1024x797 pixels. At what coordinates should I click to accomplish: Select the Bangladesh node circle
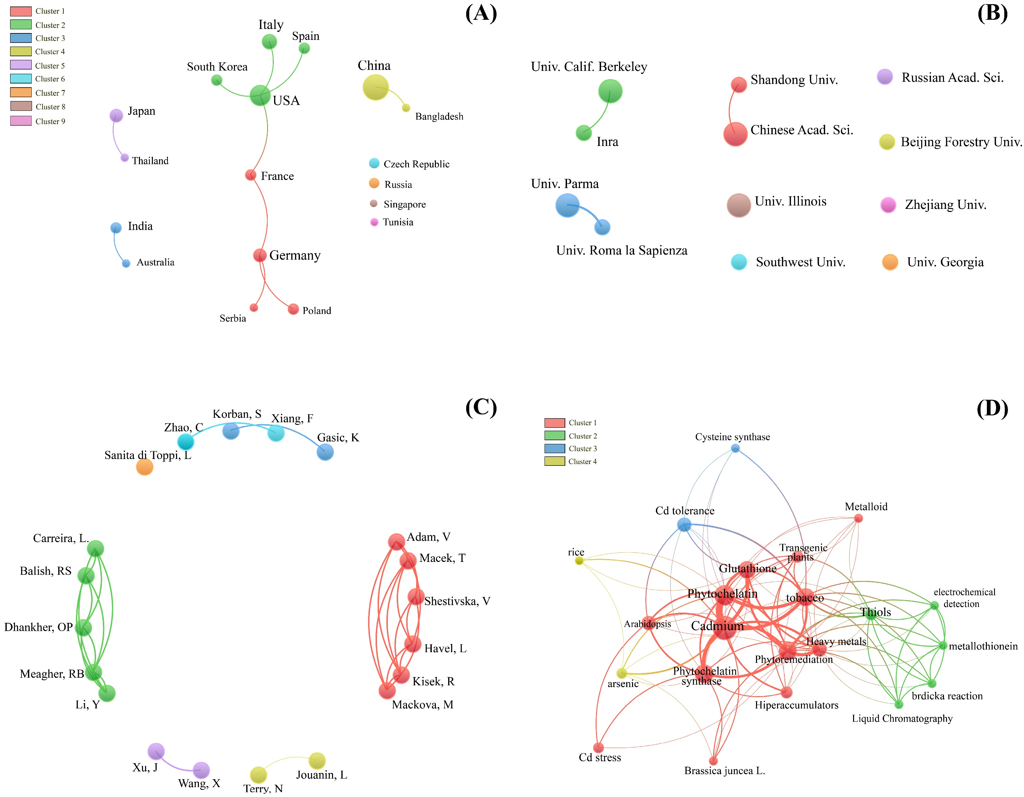click(406, 108)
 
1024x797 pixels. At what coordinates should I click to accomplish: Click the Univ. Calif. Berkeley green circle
click(610, 91)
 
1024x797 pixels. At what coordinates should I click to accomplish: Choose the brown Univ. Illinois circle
click(739, 205)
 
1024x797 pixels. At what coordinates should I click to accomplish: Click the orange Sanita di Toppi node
click(144, 467)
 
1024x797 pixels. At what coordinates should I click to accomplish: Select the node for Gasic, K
click(325, 452)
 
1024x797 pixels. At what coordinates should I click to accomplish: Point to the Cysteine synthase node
click(735, 448)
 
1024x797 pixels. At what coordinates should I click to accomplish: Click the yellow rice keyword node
click(579, 561)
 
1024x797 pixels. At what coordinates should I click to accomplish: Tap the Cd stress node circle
click(598, 747)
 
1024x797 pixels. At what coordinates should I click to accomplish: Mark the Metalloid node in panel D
click(858, 518)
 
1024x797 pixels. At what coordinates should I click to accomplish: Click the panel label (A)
click(481, 13)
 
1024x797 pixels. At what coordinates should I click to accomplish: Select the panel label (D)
click(992, 408)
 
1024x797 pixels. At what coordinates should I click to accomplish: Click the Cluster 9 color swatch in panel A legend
click(21, 121)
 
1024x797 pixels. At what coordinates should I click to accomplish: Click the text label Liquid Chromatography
click(902, 719)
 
